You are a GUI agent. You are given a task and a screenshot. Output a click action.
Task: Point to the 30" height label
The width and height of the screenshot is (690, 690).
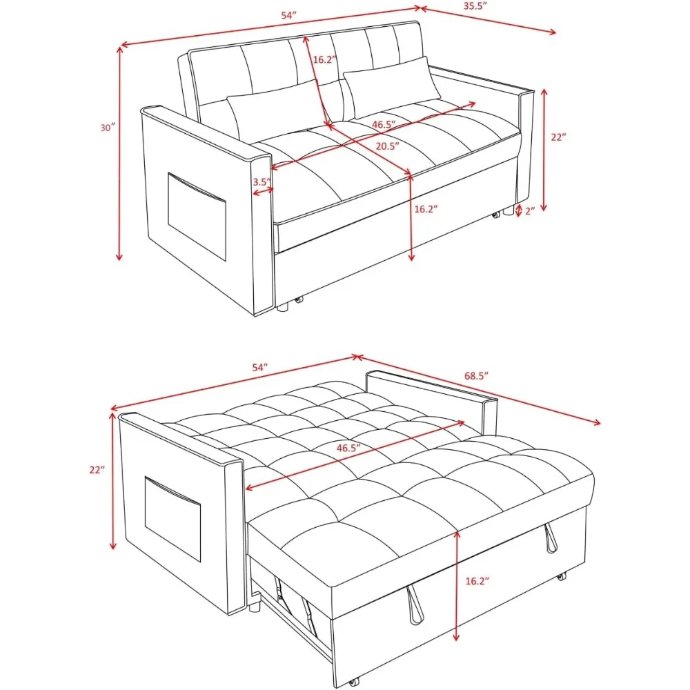click(x=107, y=128)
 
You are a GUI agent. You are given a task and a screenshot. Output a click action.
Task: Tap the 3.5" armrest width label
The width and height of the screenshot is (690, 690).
click(x=261, y=182)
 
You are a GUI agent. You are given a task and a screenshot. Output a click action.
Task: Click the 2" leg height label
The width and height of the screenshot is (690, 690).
click(x=530, y=211)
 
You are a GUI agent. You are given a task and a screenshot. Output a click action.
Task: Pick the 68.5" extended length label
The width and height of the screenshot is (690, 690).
click(x=477, y=376)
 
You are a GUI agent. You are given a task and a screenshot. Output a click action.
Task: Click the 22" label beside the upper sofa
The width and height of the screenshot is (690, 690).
click(x=558, y=137)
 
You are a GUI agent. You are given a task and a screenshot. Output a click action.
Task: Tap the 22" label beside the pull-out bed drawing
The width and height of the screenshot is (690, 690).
click(x=97, y=470)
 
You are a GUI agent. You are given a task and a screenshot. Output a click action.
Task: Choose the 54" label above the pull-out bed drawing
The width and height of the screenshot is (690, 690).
click(x=259, y=368)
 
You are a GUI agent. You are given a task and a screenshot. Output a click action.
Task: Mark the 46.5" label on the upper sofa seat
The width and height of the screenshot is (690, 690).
click(x=388, y=126)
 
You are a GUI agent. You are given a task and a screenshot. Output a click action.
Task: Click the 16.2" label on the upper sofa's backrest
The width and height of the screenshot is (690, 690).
click(x=324, y=59)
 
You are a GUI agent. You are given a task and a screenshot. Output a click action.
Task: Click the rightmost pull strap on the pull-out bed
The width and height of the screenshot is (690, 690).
click(x=551, y=538)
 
